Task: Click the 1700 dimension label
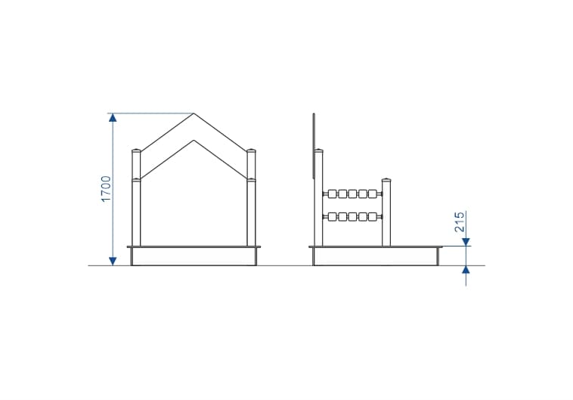pos(106,189)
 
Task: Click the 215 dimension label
pos(460,222)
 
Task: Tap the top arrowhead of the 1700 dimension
pos(113,117)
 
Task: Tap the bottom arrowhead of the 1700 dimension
pos(113,261)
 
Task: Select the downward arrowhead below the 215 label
pos(466,242)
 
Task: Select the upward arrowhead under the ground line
pos(466,270)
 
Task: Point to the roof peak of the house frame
pos(194,113)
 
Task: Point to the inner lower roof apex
pos(194,140)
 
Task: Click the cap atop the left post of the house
pos(136,150)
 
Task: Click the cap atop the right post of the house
pos(251,150)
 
